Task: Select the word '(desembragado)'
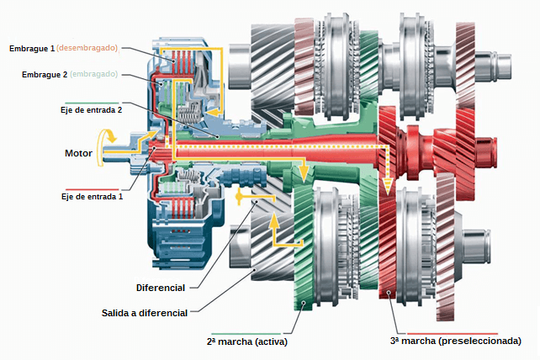pos(87,48)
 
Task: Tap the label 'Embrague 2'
pos(45,74)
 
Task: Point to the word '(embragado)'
pos(94,74)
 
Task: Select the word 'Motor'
pos(78,153)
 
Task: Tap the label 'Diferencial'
pos(160,287)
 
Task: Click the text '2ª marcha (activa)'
pos(244,341)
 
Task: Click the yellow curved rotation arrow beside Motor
pos(107,140)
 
